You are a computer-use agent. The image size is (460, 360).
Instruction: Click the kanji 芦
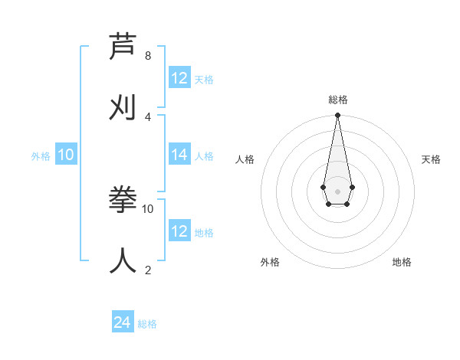(123, 47)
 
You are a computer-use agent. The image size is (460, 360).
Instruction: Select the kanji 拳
(123, 200)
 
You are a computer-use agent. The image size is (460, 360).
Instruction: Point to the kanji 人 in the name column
(123, 260)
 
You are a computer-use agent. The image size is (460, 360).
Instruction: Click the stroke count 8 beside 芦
(148, 55)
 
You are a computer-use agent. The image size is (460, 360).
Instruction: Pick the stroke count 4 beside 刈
(148, 116)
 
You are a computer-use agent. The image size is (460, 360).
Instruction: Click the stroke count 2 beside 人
(148, 270)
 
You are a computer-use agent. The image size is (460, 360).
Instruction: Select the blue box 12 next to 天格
(179, 78)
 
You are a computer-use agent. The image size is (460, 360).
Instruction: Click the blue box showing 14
(179, 155)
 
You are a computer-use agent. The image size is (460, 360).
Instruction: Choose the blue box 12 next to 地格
(179, 231)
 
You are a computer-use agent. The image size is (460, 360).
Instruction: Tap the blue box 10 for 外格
(66, 155)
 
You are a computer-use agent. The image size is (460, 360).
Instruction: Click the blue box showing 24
(123, 322)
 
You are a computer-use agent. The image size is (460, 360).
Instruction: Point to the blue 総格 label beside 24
(147, 324)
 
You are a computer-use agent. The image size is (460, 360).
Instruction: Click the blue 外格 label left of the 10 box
(41, 156)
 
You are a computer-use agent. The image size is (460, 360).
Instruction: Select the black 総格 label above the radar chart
(337, 100)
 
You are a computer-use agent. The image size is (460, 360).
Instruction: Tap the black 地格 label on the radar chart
(402, 262)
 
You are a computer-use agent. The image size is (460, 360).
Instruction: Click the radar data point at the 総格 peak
(337, 116)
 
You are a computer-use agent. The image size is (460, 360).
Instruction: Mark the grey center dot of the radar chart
(337, 191)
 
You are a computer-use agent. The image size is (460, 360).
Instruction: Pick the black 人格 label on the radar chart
(245, 159)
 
